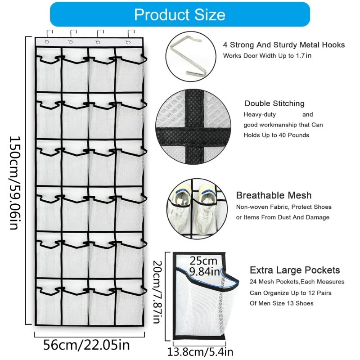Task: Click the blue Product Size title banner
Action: click(x=180, y=14)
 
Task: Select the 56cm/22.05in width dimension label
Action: click(x=86, y=345)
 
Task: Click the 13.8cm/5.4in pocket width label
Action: click(x=200, y=352)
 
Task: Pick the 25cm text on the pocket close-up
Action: click(x=203, y=261)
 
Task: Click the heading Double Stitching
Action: click(x=274, y=103)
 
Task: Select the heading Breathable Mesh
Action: click(x=274, y=195)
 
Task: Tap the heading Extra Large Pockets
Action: click(x=295, y=270)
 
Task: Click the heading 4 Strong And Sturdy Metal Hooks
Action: click(x=284, y=45)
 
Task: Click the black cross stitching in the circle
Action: click(x=193, y=127)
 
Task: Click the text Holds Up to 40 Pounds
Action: click(x=276, y=135)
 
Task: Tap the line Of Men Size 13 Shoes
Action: click(x=282, y=303)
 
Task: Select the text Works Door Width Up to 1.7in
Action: click(x=267, y=55)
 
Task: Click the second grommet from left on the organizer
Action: click(x=71, y=42)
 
